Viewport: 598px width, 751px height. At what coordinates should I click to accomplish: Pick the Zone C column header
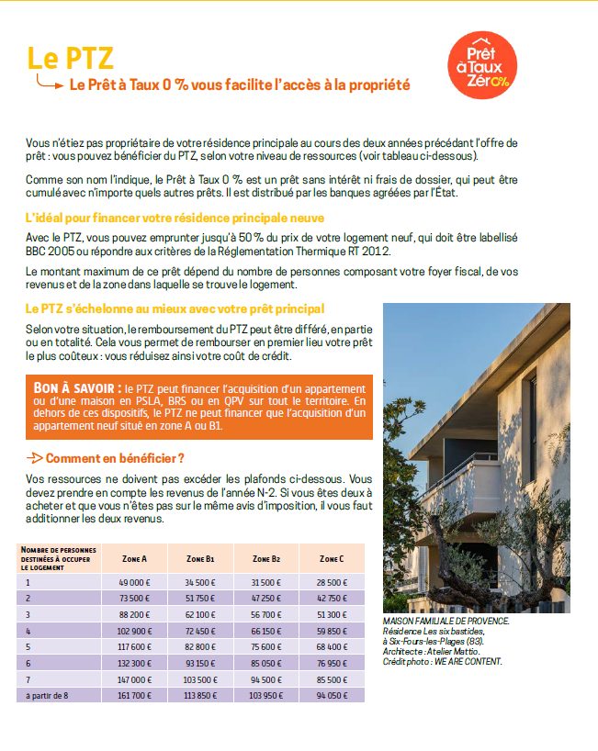click(x=332, y=558)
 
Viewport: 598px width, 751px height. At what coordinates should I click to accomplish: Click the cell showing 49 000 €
click(x=134, y=582)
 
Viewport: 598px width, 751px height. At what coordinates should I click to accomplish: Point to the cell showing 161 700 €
click(x=134, y=695)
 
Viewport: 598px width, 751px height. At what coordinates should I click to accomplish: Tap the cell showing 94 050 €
click(x=332, y=695)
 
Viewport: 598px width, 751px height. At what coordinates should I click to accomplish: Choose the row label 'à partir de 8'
click(x=47, y=695)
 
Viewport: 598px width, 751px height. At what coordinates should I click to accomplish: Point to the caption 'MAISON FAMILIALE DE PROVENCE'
click(x=446, y=622)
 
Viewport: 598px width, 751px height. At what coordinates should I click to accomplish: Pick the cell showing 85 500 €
click(x=332, y=678)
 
